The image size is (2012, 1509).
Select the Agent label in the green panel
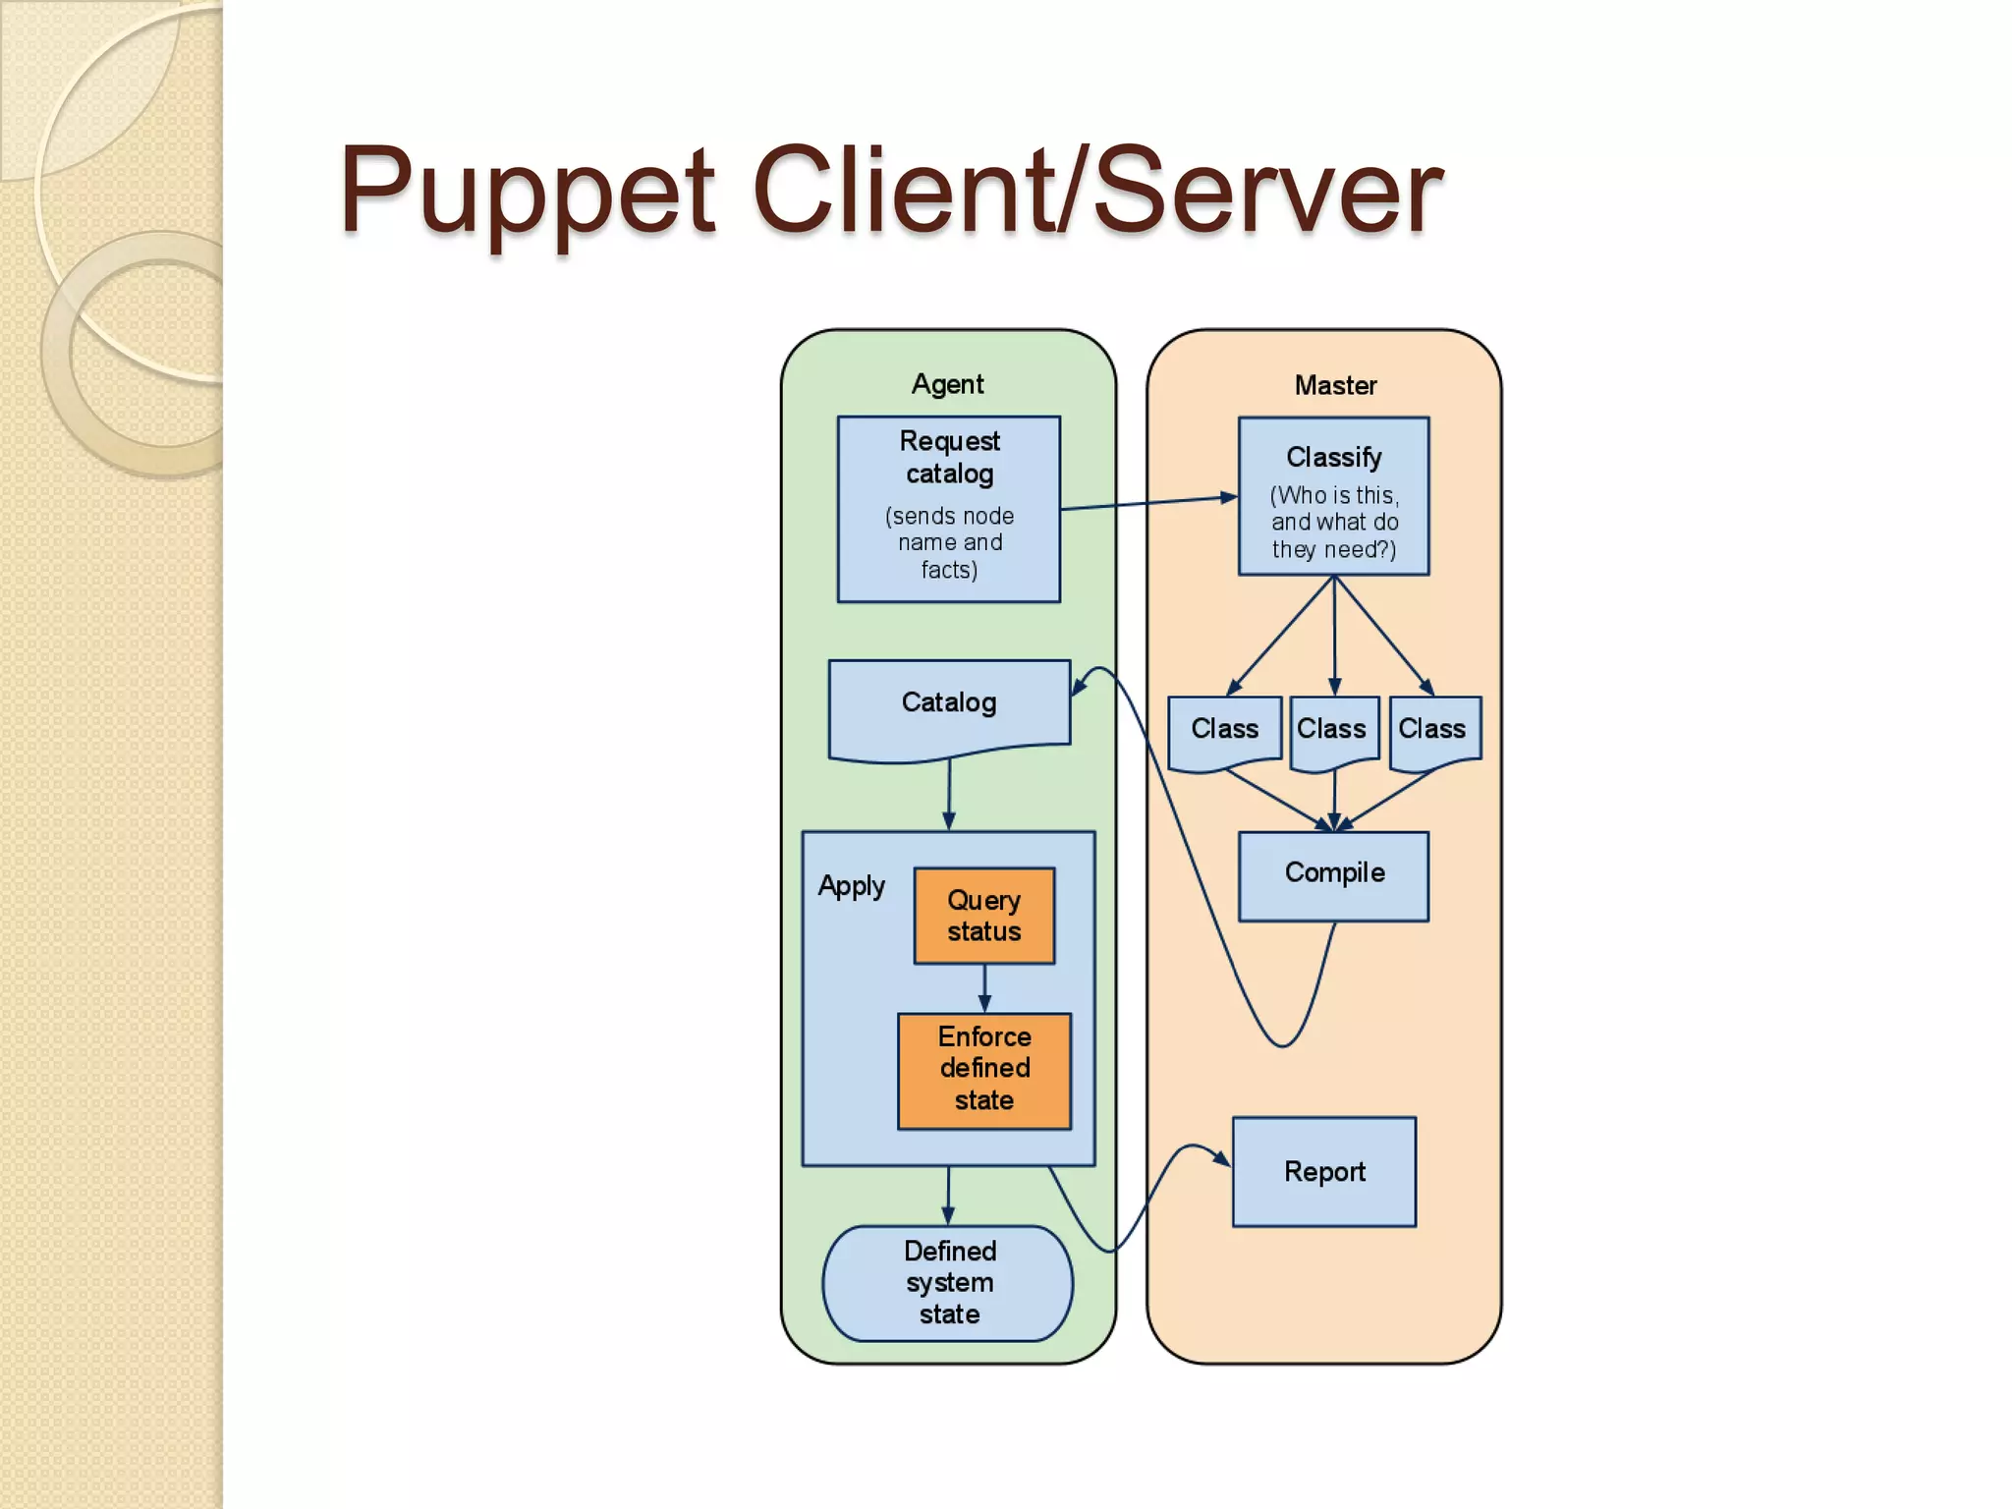click(x=947, y=383)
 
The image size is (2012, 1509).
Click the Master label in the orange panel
click(x=1334, y=385)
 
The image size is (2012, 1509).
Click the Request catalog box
click(x=948, y=508)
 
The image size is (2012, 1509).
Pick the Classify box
click(x=1333, y=496)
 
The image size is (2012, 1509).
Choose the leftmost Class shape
click(x=1224, y=730)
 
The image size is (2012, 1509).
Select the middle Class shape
click(x=1332, y=730)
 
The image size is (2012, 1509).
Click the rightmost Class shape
click(x=1433, y=730)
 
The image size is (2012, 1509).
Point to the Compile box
click(x=1333, y=874)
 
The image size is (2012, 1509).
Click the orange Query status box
click(x=983, y=915)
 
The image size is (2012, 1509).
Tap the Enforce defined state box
click(x=983, y=1069)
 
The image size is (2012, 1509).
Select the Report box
click(x=1323, y=1171)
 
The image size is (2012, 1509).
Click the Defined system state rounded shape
click(x=948, y=1282)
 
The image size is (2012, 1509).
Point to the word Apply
click(x=851, y=885)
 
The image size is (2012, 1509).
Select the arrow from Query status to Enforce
click(x=984, y=987)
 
